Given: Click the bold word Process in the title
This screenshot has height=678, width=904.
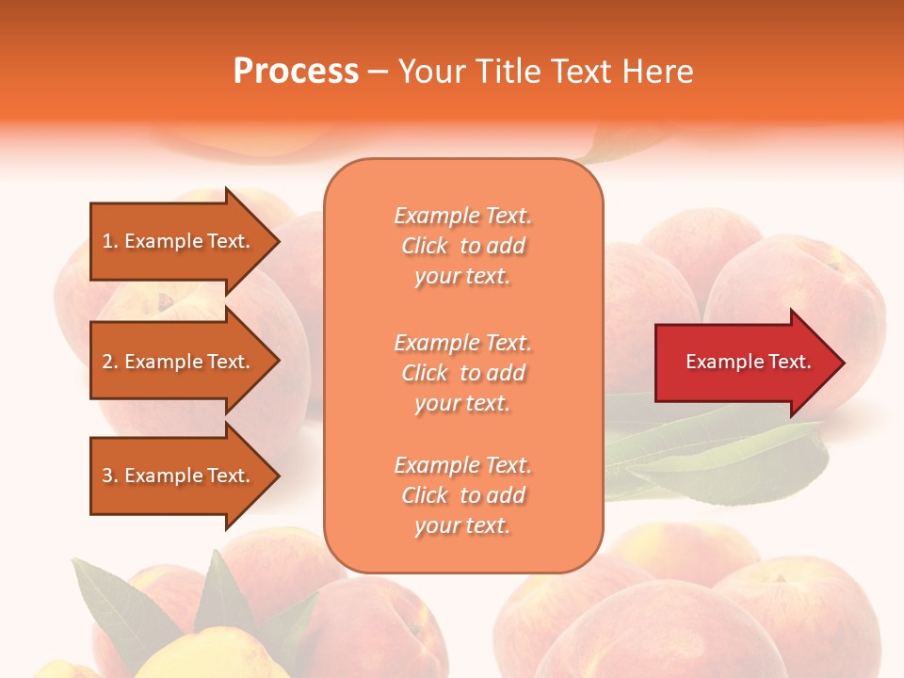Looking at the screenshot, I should coord(296,72).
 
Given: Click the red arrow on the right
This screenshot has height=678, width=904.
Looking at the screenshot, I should coord(744,363).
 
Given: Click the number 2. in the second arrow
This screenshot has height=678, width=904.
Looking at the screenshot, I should coord(109,362).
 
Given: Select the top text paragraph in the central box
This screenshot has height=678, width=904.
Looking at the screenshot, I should coord(462,246).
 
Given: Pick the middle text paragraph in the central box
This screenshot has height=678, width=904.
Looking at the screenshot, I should coord(462,373).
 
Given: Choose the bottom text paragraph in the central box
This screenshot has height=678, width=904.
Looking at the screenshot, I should coord(462,495).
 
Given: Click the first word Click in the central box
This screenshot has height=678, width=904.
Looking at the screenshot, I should coord(425,247).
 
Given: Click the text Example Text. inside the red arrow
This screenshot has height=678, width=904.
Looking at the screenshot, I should coord(748,362).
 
